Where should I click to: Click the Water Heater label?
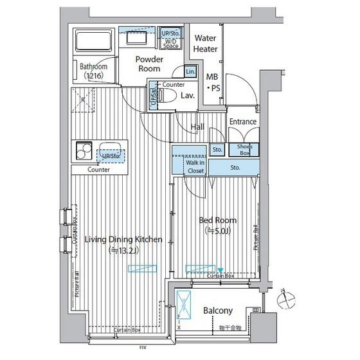[206, 44]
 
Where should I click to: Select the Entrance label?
[243, 122]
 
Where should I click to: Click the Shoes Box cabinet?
[244, 150]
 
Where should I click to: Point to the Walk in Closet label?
[195, 166]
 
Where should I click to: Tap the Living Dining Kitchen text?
[123, 240]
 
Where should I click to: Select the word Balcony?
[218, 310]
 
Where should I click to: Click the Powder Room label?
[149, 64]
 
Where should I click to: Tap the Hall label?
[197, 127]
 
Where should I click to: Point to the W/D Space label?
[171, 43]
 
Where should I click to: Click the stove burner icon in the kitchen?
[82, 152]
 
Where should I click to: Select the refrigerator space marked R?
[82, 100]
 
